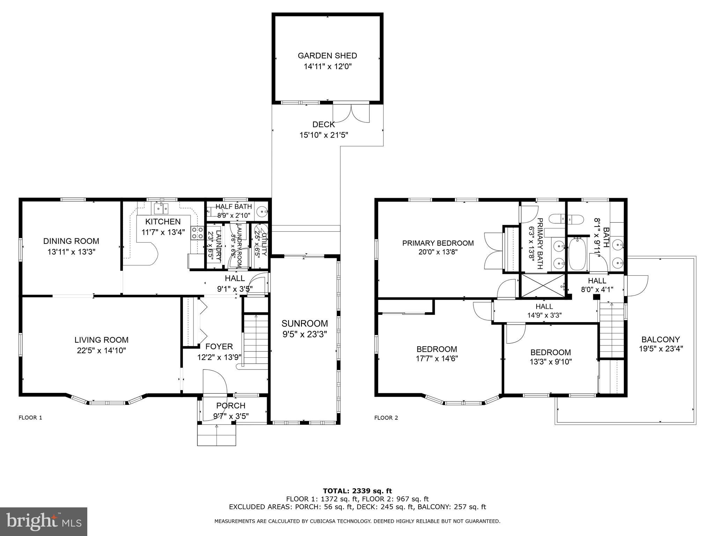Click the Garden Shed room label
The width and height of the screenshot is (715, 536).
tap(327, 55)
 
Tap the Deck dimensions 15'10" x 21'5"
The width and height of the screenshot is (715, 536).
tap(324, 135)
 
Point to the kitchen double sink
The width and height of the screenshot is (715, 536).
tap(161, 209)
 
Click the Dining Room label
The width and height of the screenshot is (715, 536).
tap(71, 241)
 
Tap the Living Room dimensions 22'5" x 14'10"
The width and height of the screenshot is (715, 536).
tap(101, 350)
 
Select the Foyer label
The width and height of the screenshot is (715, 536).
tap(219, 347)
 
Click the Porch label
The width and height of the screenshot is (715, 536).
tap(231, 405)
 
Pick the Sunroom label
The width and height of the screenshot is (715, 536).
tap(305, 323)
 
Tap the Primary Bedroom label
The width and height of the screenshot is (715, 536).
tap(438, 243)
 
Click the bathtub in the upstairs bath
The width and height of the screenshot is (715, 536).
tap(578, 254)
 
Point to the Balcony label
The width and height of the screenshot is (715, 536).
tap(661, 339)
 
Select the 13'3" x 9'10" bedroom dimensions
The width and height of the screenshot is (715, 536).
tap(551, 362)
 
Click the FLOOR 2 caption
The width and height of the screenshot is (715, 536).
tap(386, 418)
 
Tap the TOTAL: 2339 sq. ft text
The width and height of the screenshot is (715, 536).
tap(357, 491)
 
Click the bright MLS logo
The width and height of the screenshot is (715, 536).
tap(44, 521)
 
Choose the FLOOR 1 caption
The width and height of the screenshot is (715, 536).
tap(30, 417)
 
